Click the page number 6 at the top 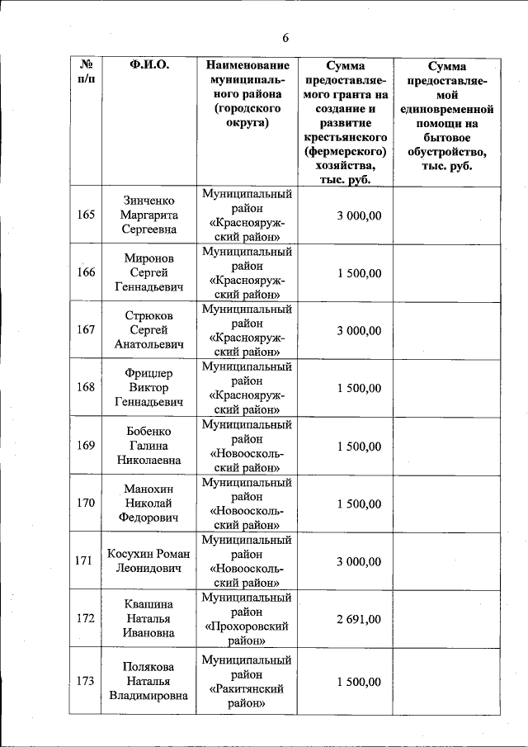pos(285,38)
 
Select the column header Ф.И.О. pos(149,65)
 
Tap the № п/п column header pos(86,73)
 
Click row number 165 pos(86,215)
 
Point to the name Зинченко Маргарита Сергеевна pos(149,215)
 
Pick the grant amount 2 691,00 pos(358,619)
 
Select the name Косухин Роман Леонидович pos(149,561)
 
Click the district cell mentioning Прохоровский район pos(247,619)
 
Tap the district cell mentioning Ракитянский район pos(247,682)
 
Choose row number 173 pos(86,682)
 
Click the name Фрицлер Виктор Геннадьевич pos(149,388)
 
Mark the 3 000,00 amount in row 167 pos(358,330)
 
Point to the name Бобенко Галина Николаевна pos(149,446)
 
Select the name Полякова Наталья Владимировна pos(149,682)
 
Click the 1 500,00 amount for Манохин pos(358,504)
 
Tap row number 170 pos(86,504)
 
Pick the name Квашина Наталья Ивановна pos(149,619)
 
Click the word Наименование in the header pos(247,65)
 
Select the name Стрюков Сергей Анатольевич pos(149,330)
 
